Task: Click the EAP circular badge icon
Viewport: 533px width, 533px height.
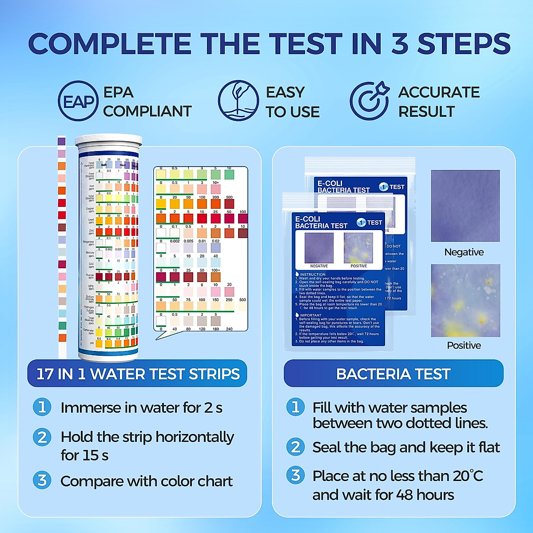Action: point(78,101)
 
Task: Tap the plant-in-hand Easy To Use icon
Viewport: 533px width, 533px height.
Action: point(239,101)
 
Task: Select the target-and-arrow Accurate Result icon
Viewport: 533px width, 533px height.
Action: point(370,101)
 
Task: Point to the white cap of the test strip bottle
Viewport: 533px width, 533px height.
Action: point(108,142)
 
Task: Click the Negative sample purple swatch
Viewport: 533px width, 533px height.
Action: point(465,206)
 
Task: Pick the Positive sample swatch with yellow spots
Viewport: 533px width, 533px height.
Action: point(465,300)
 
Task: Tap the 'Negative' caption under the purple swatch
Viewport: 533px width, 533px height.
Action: point(464,252)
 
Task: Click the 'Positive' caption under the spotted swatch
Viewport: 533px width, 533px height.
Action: point(464,346)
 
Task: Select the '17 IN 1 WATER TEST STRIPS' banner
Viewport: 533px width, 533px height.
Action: point(138,374)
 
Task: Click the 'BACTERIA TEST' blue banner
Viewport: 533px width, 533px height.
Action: point(393,374)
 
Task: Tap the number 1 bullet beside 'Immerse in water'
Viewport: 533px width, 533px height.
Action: point(42,407)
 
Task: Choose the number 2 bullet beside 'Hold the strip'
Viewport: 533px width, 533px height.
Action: point(42,437)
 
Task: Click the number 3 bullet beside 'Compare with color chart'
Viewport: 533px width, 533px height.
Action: point(42,481)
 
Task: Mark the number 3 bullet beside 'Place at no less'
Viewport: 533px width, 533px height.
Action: point(295,475)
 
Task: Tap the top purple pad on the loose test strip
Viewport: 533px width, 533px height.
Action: point(62,141)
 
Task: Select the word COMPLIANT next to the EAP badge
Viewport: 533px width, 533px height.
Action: point(147,111)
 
